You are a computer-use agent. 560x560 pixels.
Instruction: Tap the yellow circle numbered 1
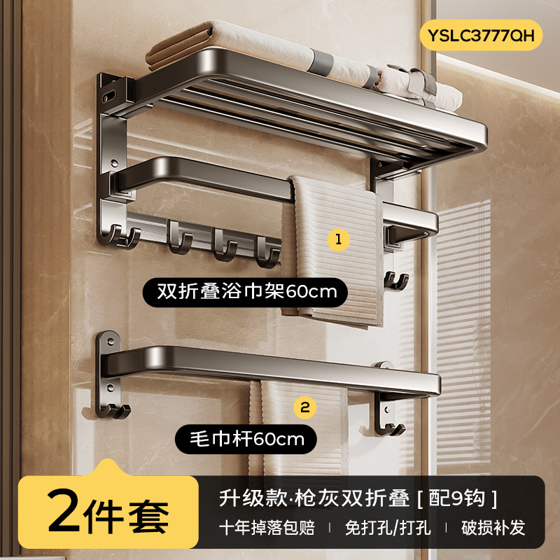338,239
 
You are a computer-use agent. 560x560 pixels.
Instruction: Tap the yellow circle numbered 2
306,406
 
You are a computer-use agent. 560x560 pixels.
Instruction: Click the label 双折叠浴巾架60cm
245,291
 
